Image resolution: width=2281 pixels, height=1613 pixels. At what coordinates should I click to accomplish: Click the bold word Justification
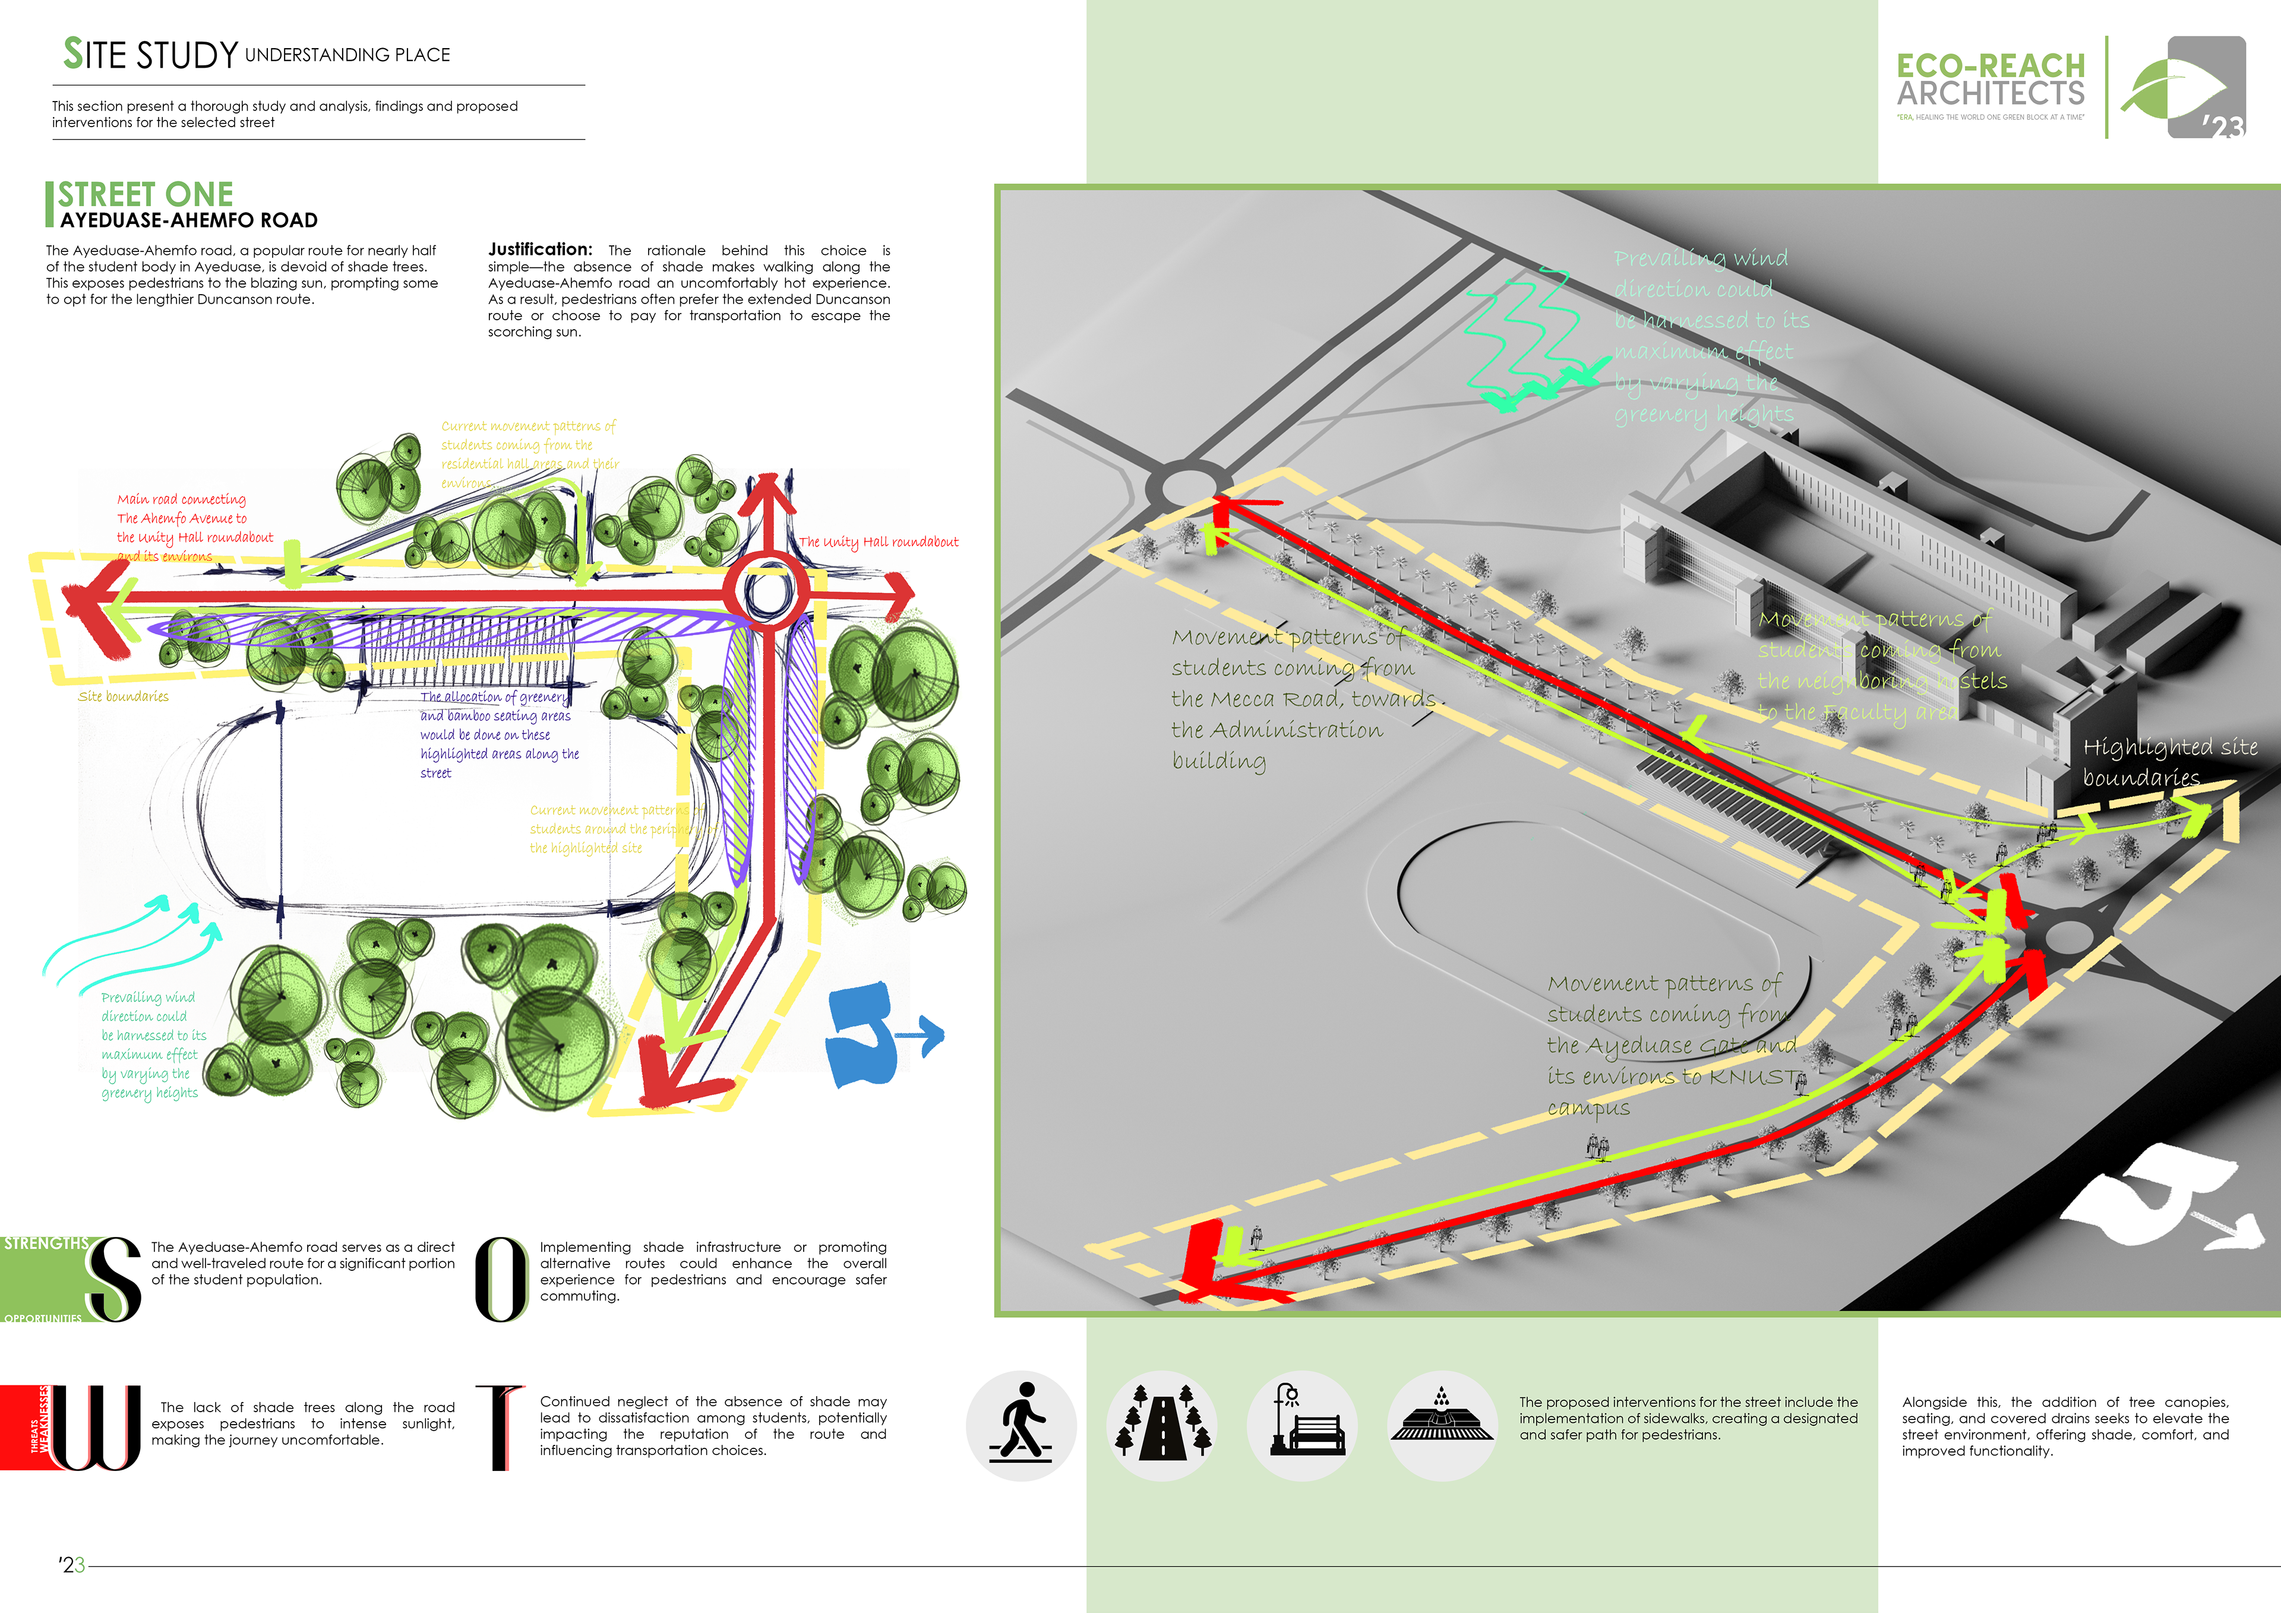(539, 250)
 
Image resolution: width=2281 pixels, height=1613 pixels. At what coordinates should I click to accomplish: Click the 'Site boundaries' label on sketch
(123, 696)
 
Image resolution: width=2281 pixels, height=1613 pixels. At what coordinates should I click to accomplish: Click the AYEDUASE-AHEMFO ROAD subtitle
(189, 220)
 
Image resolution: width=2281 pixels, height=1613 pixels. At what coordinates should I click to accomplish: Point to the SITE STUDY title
(151, 55)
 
